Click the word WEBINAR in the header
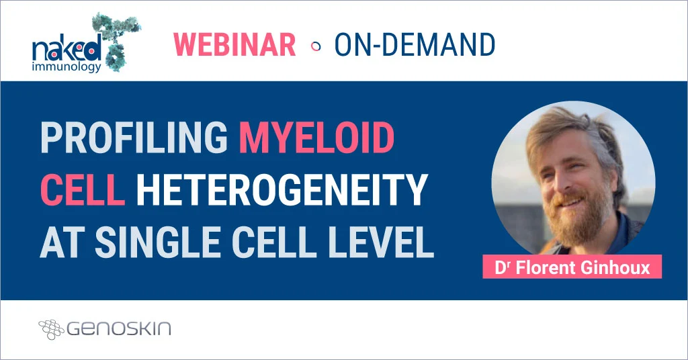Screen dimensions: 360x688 [x=234, y=44]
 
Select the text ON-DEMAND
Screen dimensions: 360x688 [x=415, y=44]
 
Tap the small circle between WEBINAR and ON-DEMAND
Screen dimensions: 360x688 [x=315, y=46]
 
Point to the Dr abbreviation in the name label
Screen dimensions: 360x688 [x=501, y=267]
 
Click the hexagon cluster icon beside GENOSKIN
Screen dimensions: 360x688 [x=51, y=328]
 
